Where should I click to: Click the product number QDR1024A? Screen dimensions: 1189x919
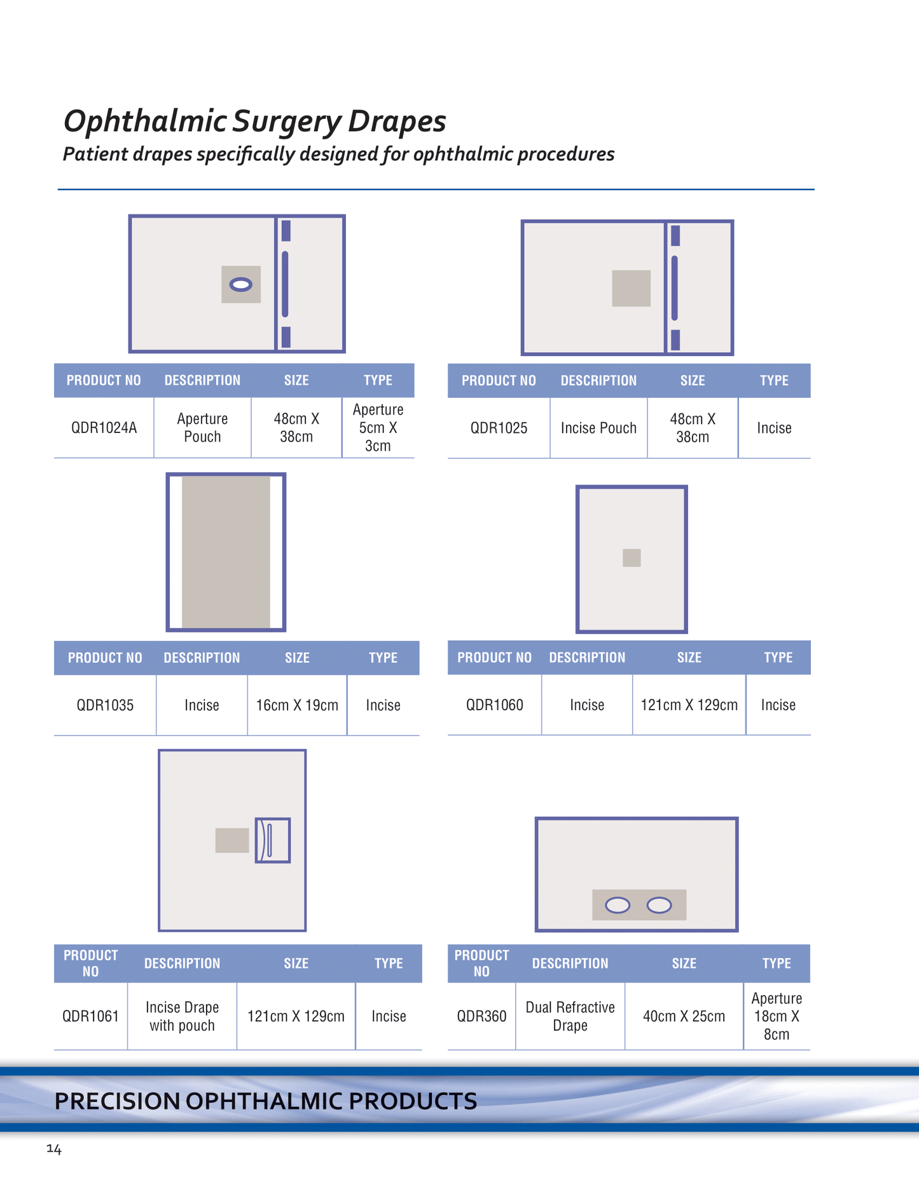(104, 427)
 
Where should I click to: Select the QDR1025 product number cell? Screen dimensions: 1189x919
(499, 428)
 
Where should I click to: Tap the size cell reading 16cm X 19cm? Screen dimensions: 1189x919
(297, 705)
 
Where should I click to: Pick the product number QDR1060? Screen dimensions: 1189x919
(495, 704)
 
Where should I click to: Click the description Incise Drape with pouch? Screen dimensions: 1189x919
(182, 1016)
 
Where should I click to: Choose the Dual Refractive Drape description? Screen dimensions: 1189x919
(570, 1016)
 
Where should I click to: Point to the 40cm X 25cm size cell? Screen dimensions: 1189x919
(684, 1016)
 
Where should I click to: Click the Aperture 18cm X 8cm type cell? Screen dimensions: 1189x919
(777, 1016)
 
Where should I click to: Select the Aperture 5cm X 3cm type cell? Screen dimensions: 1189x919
(378, 427)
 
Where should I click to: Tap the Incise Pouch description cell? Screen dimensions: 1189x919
(598, 428)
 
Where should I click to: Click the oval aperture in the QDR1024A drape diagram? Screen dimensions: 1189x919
(241, 285)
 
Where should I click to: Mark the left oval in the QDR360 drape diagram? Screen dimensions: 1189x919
(618, 905)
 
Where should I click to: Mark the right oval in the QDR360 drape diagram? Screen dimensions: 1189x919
(659, 905)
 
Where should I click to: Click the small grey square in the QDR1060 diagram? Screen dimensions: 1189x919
(632, 558)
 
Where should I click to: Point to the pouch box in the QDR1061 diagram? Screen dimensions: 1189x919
(273, 840)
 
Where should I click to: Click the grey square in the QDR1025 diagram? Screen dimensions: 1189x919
(631, 288)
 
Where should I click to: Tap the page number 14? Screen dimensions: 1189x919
(54, 1149)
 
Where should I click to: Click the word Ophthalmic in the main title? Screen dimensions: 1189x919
(144, 121)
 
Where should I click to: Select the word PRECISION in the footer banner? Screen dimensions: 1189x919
(117, 1101)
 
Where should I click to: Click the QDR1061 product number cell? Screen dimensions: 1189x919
(90, 1016)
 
